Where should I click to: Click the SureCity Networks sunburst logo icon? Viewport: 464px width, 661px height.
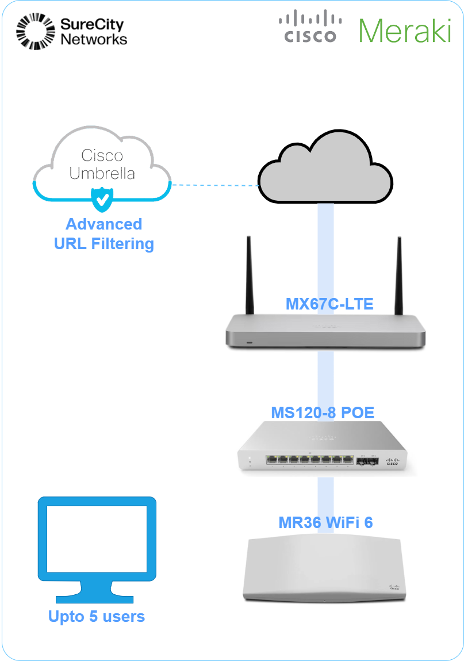point(35,32)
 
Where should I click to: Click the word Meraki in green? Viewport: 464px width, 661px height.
point(404,30)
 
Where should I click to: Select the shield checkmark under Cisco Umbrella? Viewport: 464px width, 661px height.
point(102,199)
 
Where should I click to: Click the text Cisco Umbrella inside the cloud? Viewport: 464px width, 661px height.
point(102,164)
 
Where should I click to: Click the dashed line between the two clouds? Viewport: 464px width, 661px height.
point(214,185)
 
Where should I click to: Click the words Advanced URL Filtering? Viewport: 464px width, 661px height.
point(104,234)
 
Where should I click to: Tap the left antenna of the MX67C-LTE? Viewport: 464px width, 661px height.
point(249,276)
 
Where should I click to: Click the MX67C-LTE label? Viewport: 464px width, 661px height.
point(329,304)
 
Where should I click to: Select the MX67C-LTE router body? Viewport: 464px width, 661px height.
point(325,334)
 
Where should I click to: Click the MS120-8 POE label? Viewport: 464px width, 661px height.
point(323,412)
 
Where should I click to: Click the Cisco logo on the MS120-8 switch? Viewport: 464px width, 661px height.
point(393,460)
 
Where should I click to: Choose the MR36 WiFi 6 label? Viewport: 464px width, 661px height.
point(325,522)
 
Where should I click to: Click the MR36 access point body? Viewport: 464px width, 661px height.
point(325,570)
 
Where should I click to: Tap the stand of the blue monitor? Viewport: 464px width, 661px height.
point(97,593)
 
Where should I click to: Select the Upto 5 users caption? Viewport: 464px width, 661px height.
point(97,617)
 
